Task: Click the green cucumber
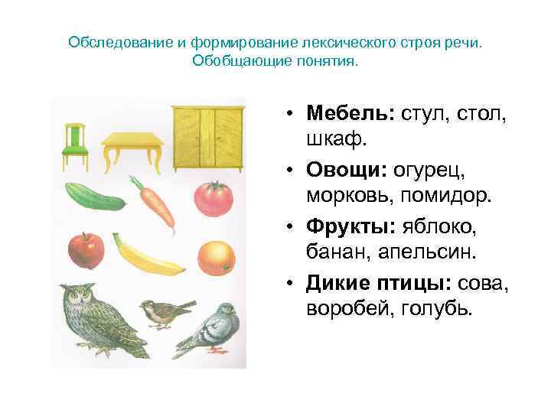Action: [94, 197]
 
